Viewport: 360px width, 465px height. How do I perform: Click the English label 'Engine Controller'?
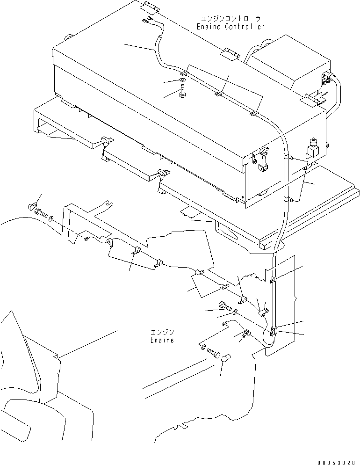[x=230, y=27]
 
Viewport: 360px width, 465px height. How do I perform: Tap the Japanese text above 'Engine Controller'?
[x=230, y=19]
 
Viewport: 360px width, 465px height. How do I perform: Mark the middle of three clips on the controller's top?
[x=218, y=94]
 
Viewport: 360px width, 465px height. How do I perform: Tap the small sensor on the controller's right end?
[x=312, y=148]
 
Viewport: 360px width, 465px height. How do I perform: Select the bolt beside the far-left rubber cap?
[x=41, y=213]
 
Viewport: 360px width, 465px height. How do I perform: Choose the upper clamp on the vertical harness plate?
[x=274, y=280]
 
